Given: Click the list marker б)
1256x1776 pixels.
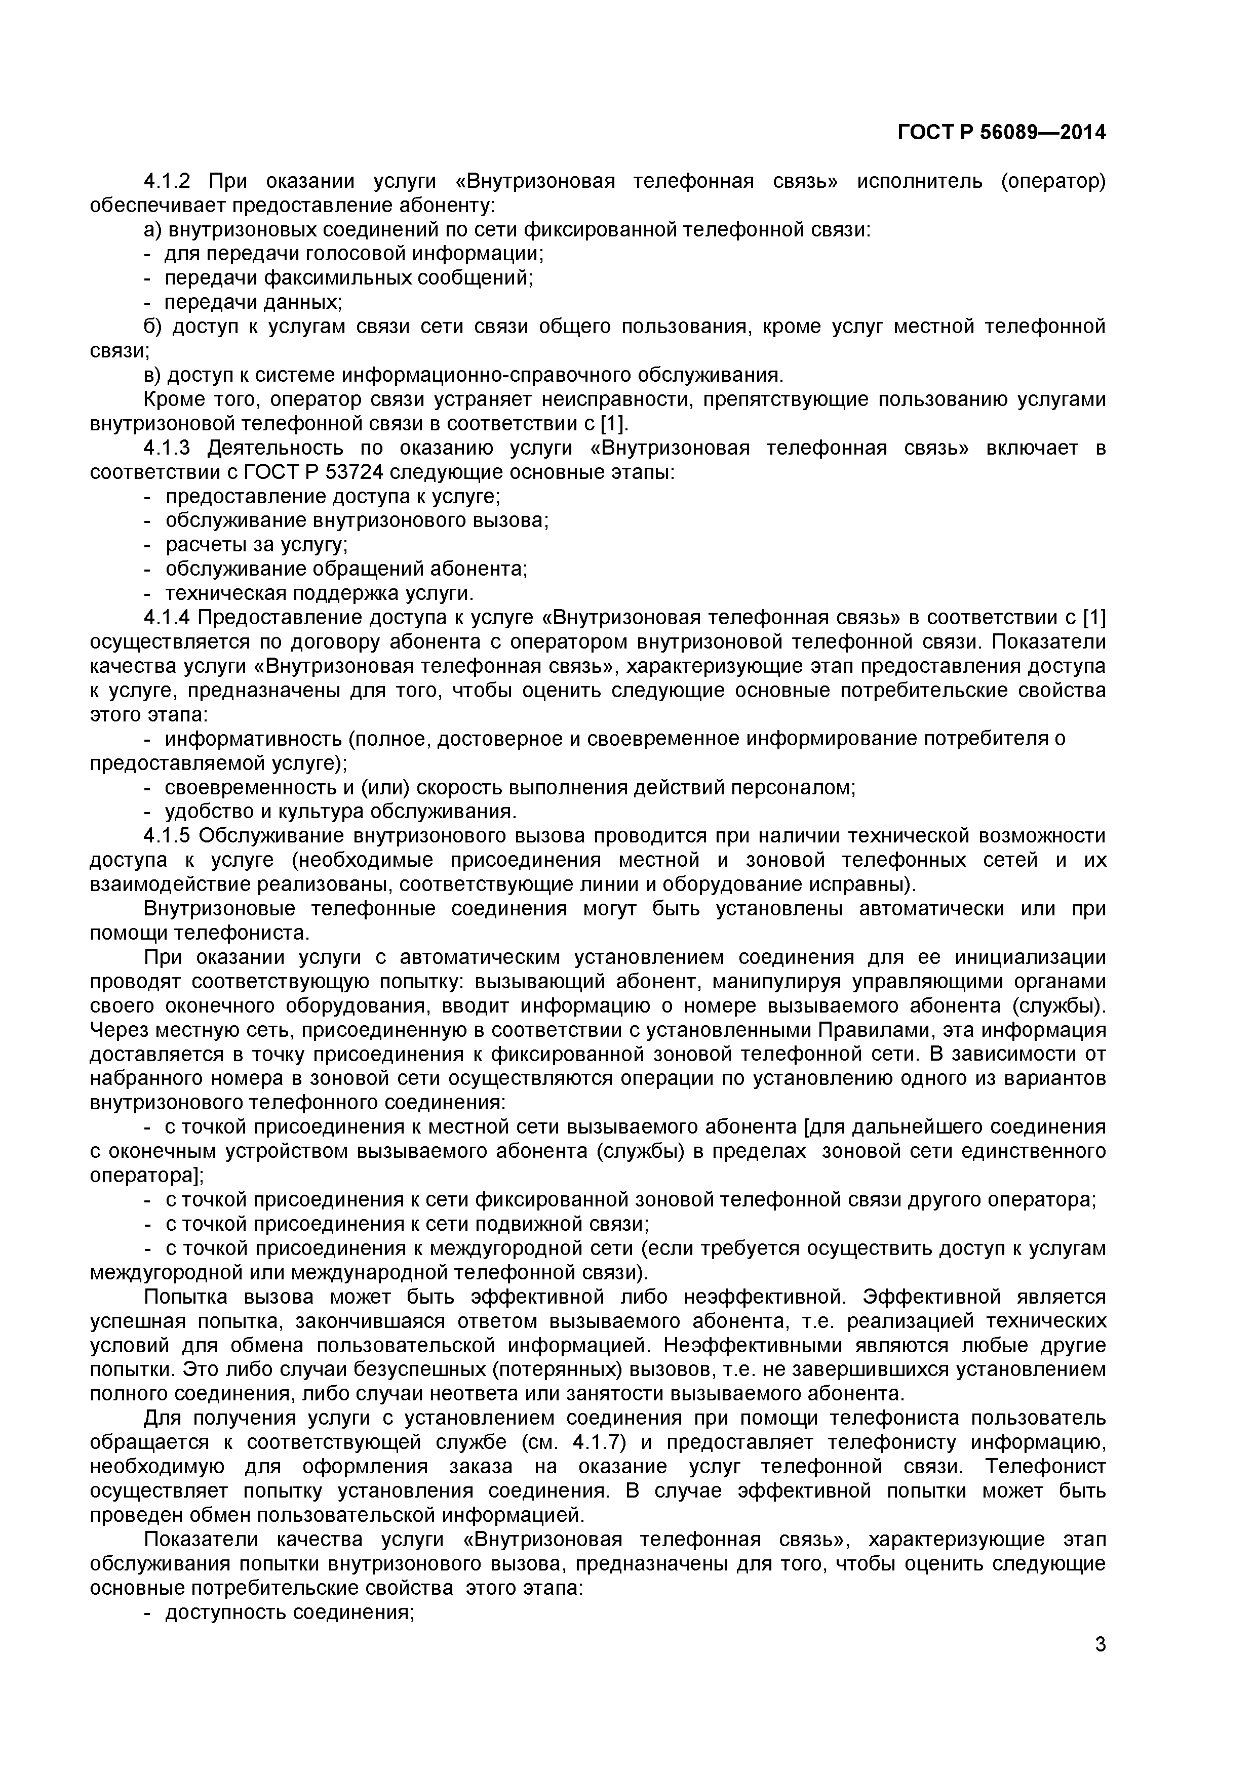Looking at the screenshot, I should tap(153, 327).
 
